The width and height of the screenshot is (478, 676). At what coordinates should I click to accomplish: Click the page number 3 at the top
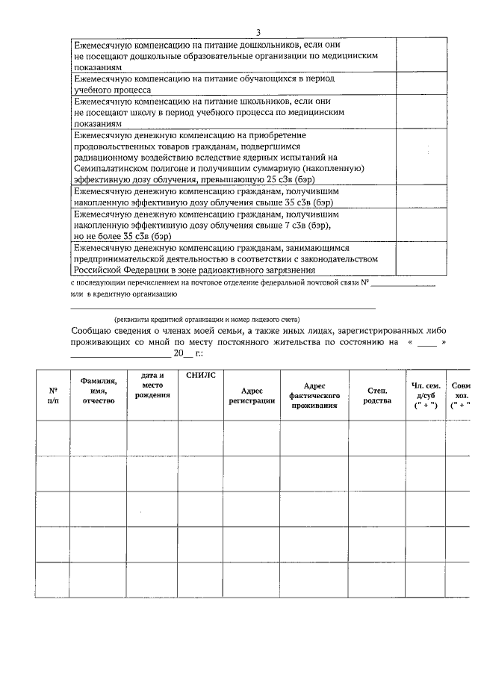[x=258, y=32]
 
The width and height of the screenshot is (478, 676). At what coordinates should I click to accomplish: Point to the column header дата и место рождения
[x=152, y=385]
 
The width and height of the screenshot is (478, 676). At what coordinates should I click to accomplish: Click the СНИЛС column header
[x=200, y=375]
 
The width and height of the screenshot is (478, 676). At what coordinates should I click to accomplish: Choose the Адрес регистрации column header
[x=252, y=395]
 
